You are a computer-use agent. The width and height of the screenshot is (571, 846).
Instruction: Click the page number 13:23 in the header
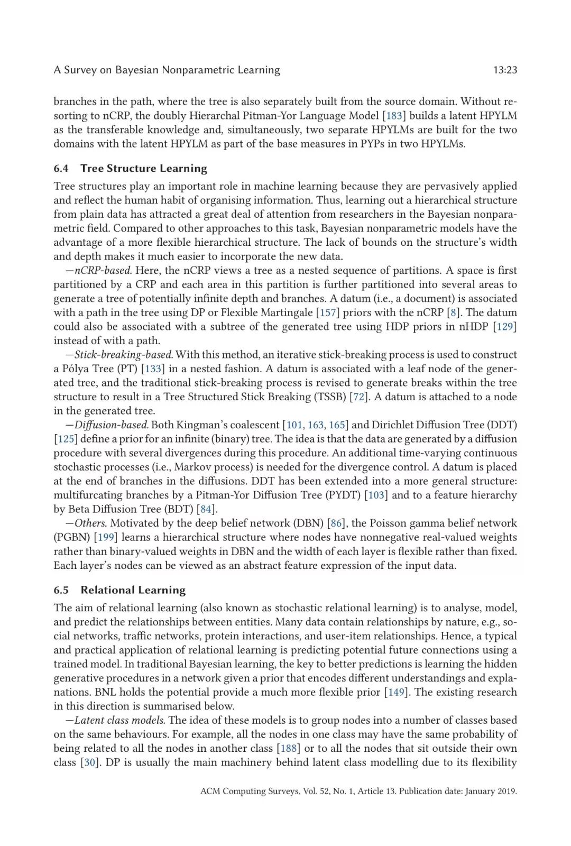coord(504,70)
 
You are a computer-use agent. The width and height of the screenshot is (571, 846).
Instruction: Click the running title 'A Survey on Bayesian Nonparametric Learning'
coord(167,70)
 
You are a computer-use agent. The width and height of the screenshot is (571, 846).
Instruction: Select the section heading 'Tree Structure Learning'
coord(144,168)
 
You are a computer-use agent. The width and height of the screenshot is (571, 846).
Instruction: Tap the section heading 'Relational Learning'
coord(133,590)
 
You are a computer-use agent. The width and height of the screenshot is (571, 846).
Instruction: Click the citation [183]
coord(394,116)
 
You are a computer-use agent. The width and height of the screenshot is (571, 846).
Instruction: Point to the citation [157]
coord(328,312)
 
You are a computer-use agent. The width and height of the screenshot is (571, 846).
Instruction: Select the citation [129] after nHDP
coord(504,326)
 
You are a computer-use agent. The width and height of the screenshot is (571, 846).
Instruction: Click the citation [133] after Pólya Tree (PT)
coord(153,369)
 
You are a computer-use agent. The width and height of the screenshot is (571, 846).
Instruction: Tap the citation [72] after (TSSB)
coord(359,397)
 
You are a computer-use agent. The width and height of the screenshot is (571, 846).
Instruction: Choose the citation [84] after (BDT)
coord(206,509)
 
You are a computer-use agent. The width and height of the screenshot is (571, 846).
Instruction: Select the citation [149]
coord(396,692)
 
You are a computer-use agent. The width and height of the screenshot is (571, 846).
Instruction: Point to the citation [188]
coord(289,748)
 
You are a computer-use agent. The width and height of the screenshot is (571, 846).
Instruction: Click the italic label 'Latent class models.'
coord(120,720)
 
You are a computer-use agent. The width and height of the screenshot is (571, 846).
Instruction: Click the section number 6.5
coord(61,590)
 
